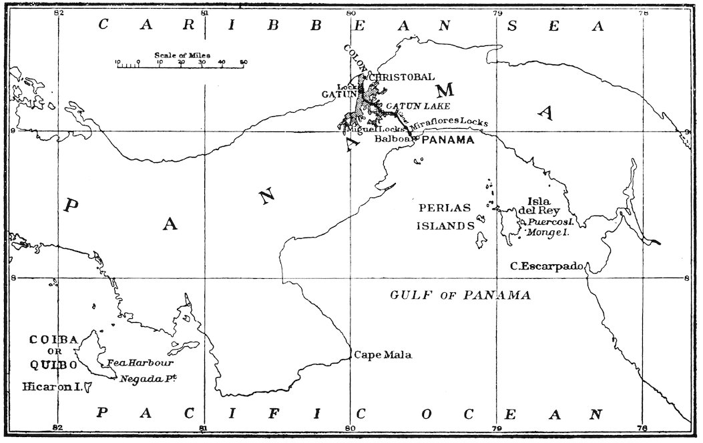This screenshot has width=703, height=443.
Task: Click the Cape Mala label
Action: [x=383, y=355]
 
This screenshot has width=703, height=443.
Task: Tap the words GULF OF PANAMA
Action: [x=460, y=295]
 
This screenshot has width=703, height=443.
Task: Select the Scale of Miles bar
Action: [x=180, y=65]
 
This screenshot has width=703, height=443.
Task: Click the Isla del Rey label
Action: [x=538, y=206]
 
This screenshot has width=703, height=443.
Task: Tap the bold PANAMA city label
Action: [x=448, y=140]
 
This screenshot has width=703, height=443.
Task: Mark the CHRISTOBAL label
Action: [x=401, y=77]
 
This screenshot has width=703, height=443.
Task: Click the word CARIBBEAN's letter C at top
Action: [x=103, y=26]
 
